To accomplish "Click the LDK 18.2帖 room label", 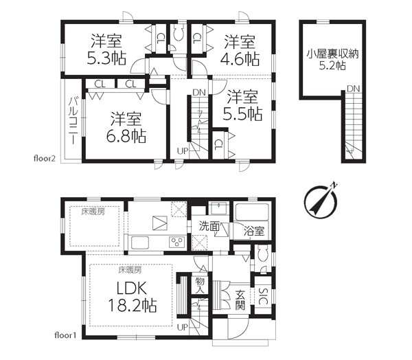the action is tap(133, 297).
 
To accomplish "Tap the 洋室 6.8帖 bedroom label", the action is tap(126, 128).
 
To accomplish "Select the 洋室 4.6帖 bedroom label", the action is tap(240, 51).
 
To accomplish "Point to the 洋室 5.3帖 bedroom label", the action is tap(106, 49).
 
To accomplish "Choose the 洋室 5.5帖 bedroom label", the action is tap(242, 105).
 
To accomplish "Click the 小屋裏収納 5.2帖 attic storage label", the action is tap(332, 60).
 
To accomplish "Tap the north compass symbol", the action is tap(321, 201).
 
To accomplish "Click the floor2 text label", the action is tap(45, 159).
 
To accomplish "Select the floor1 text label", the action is tap(65, 335).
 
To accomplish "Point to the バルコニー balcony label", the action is tap(73, 121).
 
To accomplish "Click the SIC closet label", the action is tap(263, 296).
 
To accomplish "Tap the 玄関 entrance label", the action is tap(240, 300).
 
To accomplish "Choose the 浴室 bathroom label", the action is tap(253, 232).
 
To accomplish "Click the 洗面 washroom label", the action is tap(209, 226).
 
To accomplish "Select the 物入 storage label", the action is tap(200, 286).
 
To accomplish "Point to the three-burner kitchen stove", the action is tap(177, 242).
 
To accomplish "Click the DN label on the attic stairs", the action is tap(353, 89).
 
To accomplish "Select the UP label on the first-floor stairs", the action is tap(183, 328).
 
